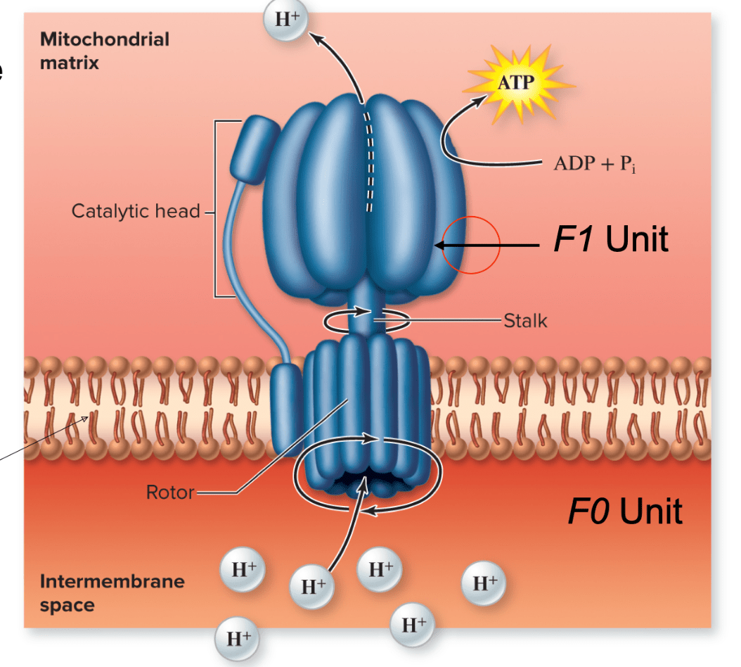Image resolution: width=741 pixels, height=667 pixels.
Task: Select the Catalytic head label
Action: coord(136,210)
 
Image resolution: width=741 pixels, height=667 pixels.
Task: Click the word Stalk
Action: coord(525,322)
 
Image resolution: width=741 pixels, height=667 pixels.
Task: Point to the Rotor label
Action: coord(169,492)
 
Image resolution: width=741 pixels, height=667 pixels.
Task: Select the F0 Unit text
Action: coord(624,511)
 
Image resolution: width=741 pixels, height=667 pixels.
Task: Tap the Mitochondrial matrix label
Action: coord(104,51)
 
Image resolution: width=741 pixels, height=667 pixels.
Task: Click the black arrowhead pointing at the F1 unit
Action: coord(440,245)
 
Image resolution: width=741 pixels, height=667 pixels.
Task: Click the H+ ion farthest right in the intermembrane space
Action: coord(483,583)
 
